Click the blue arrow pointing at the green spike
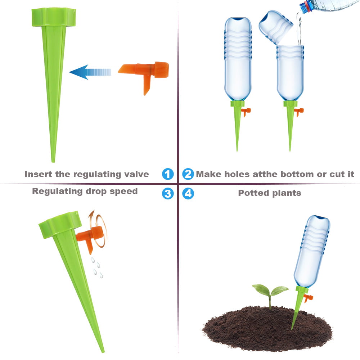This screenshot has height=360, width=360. [90, 72]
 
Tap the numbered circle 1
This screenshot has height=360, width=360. [168, 174]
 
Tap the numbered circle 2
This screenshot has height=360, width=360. [188, 174]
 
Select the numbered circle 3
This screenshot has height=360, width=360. [168, 194]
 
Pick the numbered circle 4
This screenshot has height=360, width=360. [188, 194]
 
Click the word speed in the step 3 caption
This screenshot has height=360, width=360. [125, 191]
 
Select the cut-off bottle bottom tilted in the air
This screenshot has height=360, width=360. [276, 27]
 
